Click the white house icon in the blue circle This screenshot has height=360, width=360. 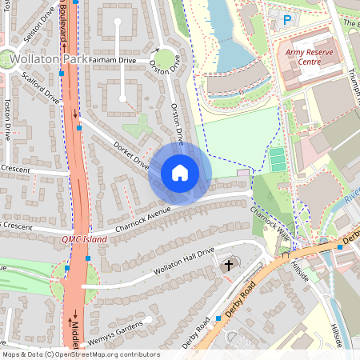(x=180, y=173)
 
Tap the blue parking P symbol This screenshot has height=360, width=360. (x=286, y=20)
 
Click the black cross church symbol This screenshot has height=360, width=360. (x=228, y=265)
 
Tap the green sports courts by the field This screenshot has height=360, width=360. (x=277, y=158)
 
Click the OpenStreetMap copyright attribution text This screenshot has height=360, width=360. (x=80, y=354)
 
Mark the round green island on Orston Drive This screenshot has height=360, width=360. (x=166, y=59)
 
